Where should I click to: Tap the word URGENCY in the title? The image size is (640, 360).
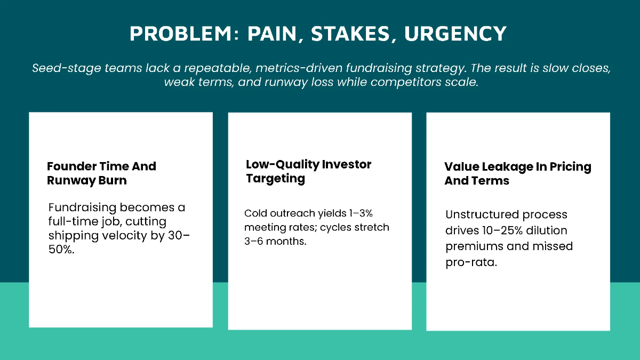click(455, 34)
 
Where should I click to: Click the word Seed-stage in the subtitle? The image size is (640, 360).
click(60, 68)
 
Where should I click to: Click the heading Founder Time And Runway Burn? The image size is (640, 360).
click(101, 173)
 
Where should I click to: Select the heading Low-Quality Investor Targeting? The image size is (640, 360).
click(308, 171)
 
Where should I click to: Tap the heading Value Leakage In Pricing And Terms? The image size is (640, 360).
click(517, 173)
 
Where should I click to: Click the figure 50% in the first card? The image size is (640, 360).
click(61, 250)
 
